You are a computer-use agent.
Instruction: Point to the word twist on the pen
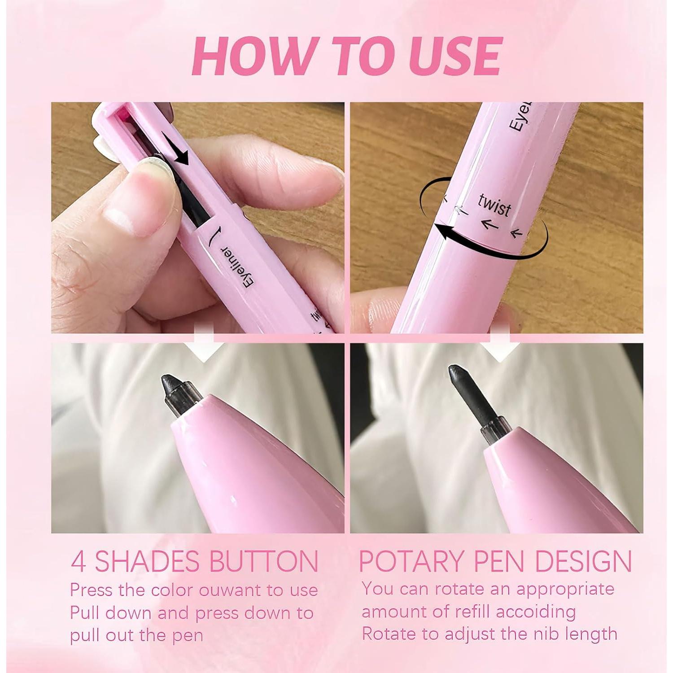pyautogui.click(x=495, y=205)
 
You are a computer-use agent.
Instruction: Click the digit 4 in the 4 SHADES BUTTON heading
pyautogui.click(x=78, y=562)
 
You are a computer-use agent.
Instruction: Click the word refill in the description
pyautogui.click(x=463, y=612)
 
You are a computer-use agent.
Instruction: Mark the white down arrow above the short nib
pyautogui.click(x=204, y=348)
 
